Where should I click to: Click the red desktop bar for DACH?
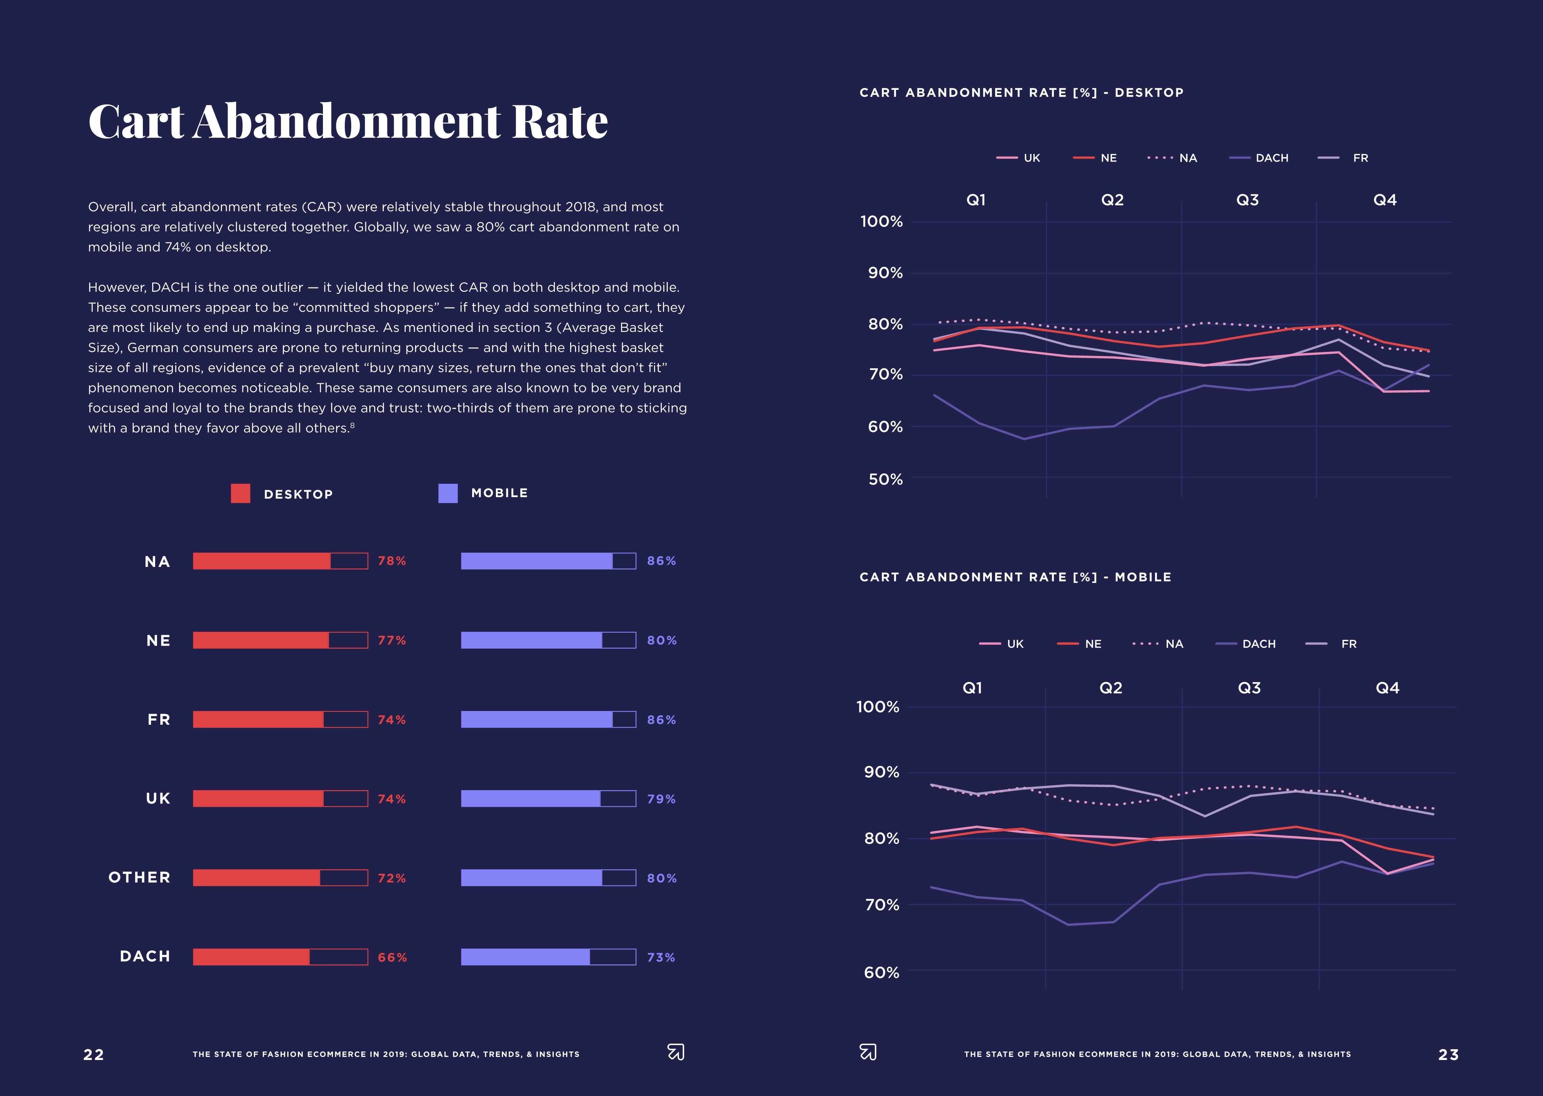[251, 957]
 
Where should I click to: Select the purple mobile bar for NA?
[536, 561]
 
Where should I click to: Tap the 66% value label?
[392, 958]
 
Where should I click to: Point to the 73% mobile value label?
[660, 958]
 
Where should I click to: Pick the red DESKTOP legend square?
[240, 493]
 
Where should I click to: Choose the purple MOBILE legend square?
[448, 493]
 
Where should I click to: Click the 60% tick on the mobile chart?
[881, 972]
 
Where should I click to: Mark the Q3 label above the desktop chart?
[1248, 200]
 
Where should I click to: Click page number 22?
[94, 1055]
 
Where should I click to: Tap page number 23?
[1449, 1055]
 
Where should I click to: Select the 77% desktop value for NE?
[391, 640]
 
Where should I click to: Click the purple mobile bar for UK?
[530, 798]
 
